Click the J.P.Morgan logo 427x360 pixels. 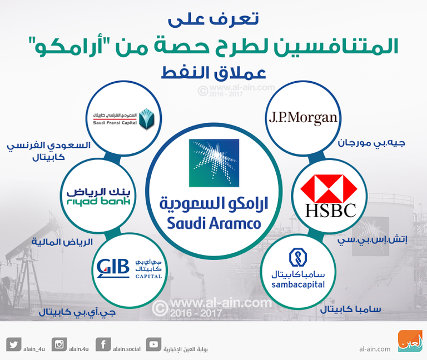tap(303, 118)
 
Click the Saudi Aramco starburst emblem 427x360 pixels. tap(213, 162)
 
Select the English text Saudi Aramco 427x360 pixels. tap(213, 224)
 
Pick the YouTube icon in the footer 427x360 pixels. tap(153, 344)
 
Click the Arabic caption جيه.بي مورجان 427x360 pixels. tap(371, 143)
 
